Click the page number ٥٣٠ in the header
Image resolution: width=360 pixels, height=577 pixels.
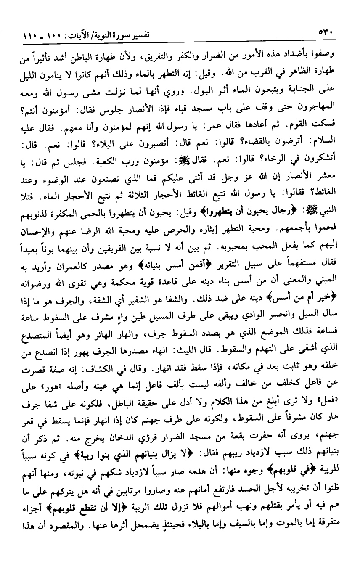point(326,32)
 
